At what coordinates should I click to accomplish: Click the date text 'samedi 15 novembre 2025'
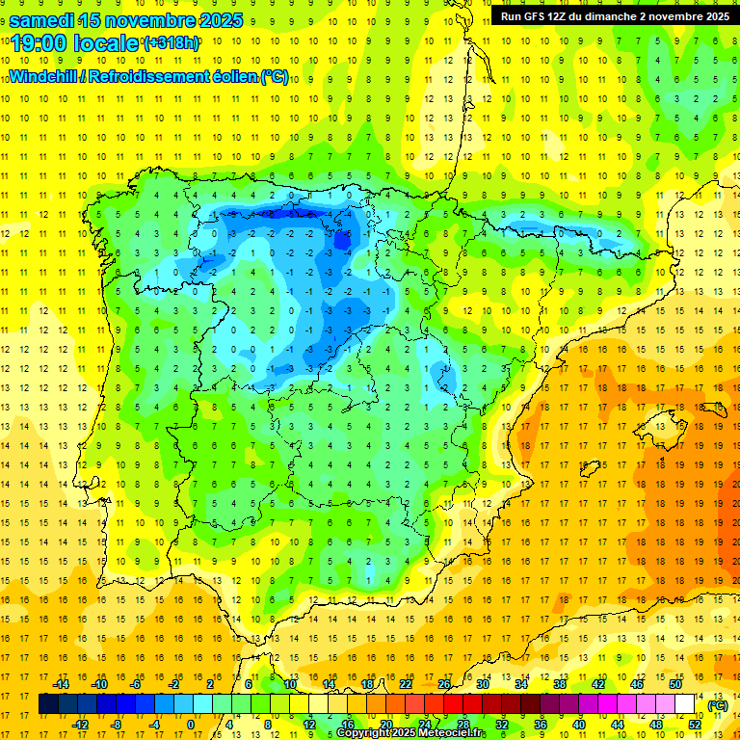click(x=125, y=19)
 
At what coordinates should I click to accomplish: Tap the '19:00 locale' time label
click(x=75, y=42)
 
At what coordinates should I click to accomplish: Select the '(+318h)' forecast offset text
click(x=172, y=43)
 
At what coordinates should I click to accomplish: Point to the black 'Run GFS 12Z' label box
click(x=614, y=16)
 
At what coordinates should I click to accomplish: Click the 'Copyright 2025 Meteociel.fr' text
click(x=411, y=733)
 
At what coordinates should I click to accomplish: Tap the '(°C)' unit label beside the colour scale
click(x=718, y=705)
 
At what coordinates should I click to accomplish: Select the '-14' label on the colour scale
click(x=62, y=684)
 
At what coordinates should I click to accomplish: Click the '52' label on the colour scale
click(x=695, y=725)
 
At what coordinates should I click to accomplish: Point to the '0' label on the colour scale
click(x=190, y=725)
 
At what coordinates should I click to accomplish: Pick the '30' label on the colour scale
click(x=483, y=684)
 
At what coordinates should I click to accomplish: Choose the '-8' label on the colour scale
click(x=117, y=725)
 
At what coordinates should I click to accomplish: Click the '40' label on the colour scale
click(x=578, y=725)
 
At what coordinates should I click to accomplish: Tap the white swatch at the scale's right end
click(x=685, y=704)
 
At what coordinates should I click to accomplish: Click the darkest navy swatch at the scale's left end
click(x=48, y=704)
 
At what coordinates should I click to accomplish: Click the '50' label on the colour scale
click(x=675, y=684)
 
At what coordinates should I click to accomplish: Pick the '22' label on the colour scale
click(x=406, y=684)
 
